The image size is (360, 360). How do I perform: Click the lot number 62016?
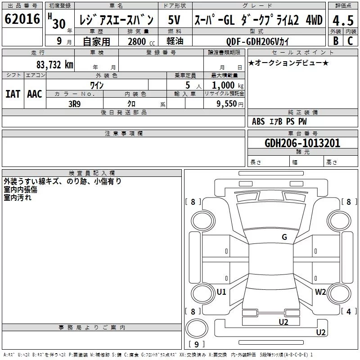pyautogui.click(x=22, y=19)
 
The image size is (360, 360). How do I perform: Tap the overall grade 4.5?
pyautogui.click(x=343, y=21)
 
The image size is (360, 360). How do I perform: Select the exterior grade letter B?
pyautogui.click(x=336, y=41)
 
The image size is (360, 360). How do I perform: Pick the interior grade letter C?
pyautogui.click(x=350, y=41)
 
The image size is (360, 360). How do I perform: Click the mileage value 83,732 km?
pyautogui.click(x=54, y=65)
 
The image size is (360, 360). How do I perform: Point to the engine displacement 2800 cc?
pyautogui.click(x=141, y=42)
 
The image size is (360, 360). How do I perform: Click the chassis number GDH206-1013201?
pyautogui.click(x=302, y=143)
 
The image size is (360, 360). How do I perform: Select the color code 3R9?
pyautogui.click(x=75, y=104)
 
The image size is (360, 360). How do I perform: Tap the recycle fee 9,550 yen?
pyautogui.click(x=230, y=104)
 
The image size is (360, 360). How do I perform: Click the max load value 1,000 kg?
pyautogui.click(x=228, y=85)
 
